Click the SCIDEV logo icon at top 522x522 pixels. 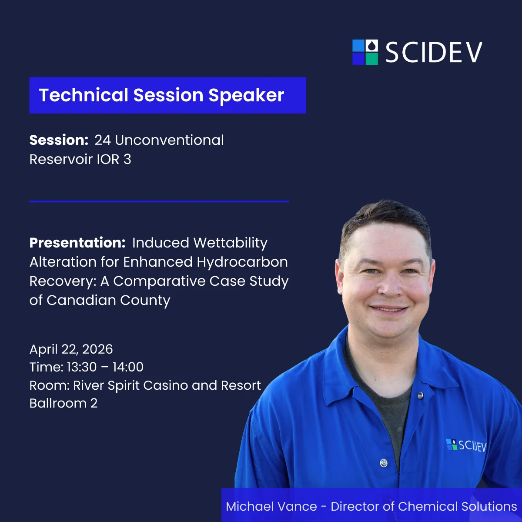pyautogui.click(x=365, y=52)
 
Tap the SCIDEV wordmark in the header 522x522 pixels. pyautogui.click(x=434, y=53)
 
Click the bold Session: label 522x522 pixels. pyautogui.click(x=59, y=140)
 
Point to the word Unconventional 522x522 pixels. pyautogui.click(x=169, y=140)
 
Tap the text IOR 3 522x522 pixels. pyautogui.click(x=114, y=159)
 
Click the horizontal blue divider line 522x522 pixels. pyautogui.click(x=159, y=201)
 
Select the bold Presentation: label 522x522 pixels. pyautogui.click(x=77, y=243)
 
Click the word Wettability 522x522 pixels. pyautogui.click(x=230, y=243)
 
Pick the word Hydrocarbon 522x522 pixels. pyautogui.click(x=242, y=262)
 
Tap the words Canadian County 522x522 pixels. pyautogui.click(x=108, y=300)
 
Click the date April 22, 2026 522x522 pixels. pyautogui.click(x=71, y=349)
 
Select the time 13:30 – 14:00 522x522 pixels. pyautogui.click(x=105, y=367)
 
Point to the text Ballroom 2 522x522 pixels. pyautogui.click(x=63, y=403)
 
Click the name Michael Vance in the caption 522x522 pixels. pyautogui.click(x=271, y=506)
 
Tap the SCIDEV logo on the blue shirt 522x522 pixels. pyautogui.click(x=466, y=445)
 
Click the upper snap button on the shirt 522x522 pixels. pyautogui.click(x=420, y=395)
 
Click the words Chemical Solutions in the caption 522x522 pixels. pyautogui.click(x=457, y=506)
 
